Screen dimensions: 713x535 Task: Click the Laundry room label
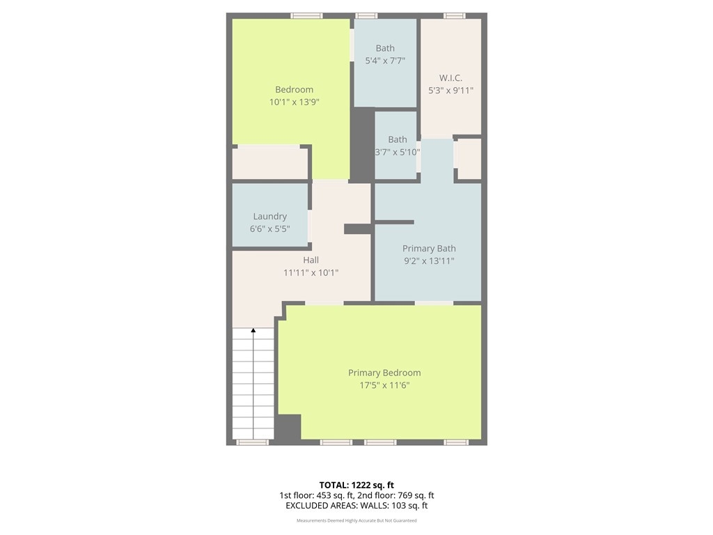[269, 217]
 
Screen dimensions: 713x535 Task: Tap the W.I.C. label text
[450, 78]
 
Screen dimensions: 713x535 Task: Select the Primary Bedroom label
[384, 373]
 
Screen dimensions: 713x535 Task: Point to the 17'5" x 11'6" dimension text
[384, 385]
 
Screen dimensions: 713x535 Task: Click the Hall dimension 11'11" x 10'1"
[311, 272]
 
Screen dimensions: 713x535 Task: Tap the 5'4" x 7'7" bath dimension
[385, 61]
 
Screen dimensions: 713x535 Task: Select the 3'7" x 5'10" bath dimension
[397, 152]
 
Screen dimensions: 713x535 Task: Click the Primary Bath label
[429, 249]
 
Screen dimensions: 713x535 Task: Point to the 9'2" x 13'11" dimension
[429, 261]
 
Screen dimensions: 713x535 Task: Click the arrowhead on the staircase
[253, 330]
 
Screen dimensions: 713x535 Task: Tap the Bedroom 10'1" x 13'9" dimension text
[295, 102]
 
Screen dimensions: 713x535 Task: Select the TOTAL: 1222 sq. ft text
[356, 485]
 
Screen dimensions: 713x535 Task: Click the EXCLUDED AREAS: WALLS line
[356, 506]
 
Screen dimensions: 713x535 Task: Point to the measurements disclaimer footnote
[356, 520]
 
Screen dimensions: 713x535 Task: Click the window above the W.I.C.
[454, 16]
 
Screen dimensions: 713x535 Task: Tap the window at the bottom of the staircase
[252, 442]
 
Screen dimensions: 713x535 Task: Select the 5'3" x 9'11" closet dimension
[450, 91]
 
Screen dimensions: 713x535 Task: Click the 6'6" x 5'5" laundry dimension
[269, 228]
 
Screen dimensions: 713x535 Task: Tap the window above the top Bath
[366, 16]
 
